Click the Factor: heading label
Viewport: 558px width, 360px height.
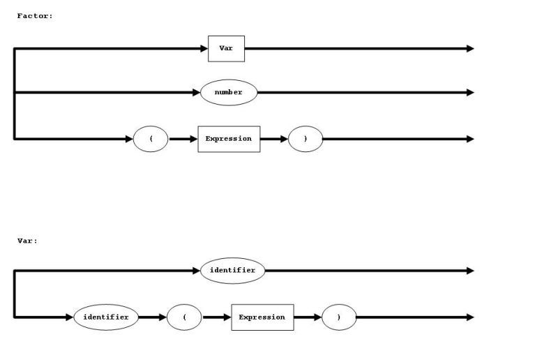[x=35, y=15]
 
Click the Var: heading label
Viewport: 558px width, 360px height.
[x=28, y=241]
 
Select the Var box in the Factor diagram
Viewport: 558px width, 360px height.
[x=226, y=48]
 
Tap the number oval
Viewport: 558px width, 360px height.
[x=229, y=92]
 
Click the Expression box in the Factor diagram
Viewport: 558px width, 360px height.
[x=229, y=139]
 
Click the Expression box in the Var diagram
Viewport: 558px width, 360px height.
[x=262, y=317]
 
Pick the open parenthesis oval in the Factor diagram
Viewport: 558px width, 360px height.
[x=151, y=139]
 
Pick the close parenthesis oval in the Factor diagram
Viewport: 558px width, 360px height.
[x=306, y=139]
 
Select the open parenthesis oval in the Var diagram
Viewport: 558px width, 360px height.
[x=184, y=317]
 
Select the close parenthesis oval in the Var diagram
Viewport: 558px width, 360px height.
[x=339, y=317]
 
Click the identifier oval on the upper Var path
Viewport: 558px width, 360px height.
[x=233, y=270]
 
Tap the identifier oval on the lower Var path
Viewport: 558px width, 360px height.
[x=106, y=317]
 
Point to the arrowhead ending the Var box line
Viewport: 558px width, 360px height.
[x=470, y=48]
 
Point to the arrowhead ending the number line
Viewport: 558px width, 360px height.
[x=470, y=92]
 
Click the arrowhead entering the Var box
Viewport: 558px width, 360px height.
[x=204, y=48]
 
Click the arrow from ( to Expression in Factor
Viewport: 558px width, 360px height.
[x=183, y=139]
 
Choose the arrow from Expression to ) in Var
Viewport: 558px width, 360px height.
[x=308, y=317]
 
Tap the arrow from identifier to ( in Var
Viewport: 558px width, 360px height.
[x=153, y=317]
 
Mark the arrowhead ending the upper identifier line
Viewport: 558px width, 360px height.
[x=470, y=270]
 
